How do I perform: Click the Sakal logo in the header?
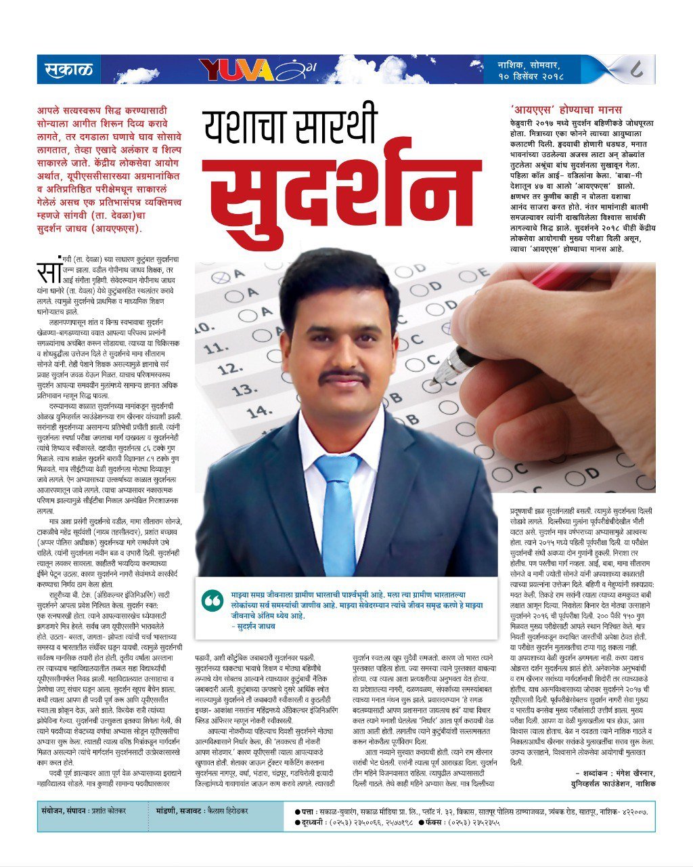coord(68,70)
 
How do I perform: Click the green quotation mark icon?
coord(212,600)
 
